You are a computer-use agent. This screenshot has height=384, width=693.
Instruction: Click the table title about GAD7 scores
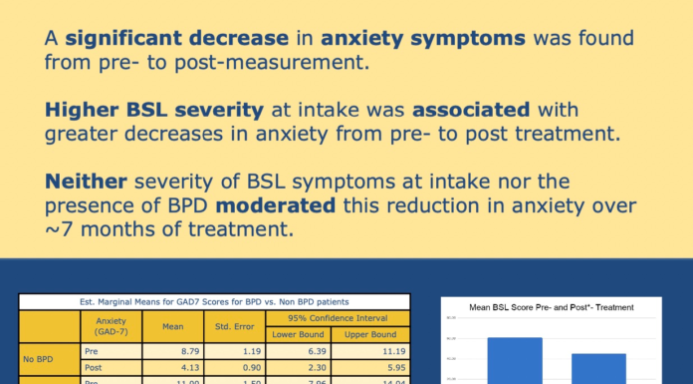point(214,301)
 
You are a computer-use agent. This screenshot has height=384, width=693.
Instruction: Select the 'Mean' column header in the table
point(160,326)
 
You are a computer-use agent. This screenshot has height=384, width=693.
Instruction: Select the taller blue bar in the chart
point(514,360)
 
